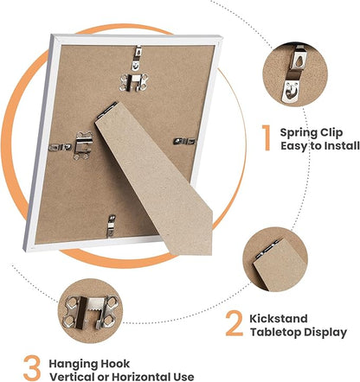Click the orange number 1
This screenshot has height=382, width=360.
tap(267, 137)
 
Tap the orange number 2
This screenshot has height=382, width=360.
tap(235, 323)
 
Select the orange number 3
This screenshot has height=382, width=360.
tap(32, 368)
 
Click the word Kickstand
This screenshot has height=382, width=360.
tap(279, 319)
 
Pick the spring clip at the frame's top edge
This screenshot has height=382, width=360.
tap(138, 58)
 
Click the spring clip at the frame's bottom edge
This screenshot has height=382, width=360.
tap(111, 226)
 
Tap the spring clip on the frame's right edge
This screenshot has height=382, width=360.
tap(184, 141)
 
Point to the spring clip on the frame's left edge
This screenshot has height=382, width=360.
tap(60, 147)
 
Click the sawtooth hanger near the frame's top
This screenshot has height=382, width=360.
tap(134, 82)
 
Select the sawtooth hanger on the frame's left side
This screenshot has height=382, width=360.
tap(83, 145)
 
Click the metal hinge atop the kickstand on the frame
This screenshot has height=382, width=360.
tap(106, 111)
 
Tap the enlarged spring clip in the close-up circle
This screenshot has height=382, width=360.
tap(295, 74)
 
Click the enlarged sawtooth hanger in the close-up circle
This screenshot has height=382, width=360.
tap(90, 311)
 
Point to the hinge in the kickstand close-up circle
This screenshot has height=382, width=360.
tap(267, 249)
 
